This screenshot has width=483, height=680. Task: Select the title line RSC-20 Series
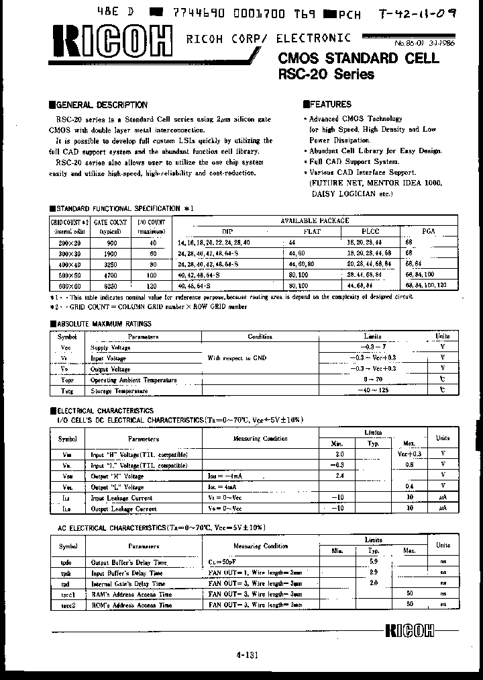click(325, 75)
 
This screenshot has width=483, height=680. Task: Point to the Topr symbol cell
click(67, 380)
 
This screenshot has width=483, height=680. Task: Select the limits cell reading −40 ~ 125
click(372, 390)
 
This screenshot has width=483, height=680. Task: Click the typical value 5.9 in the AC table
click(374, 561)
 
